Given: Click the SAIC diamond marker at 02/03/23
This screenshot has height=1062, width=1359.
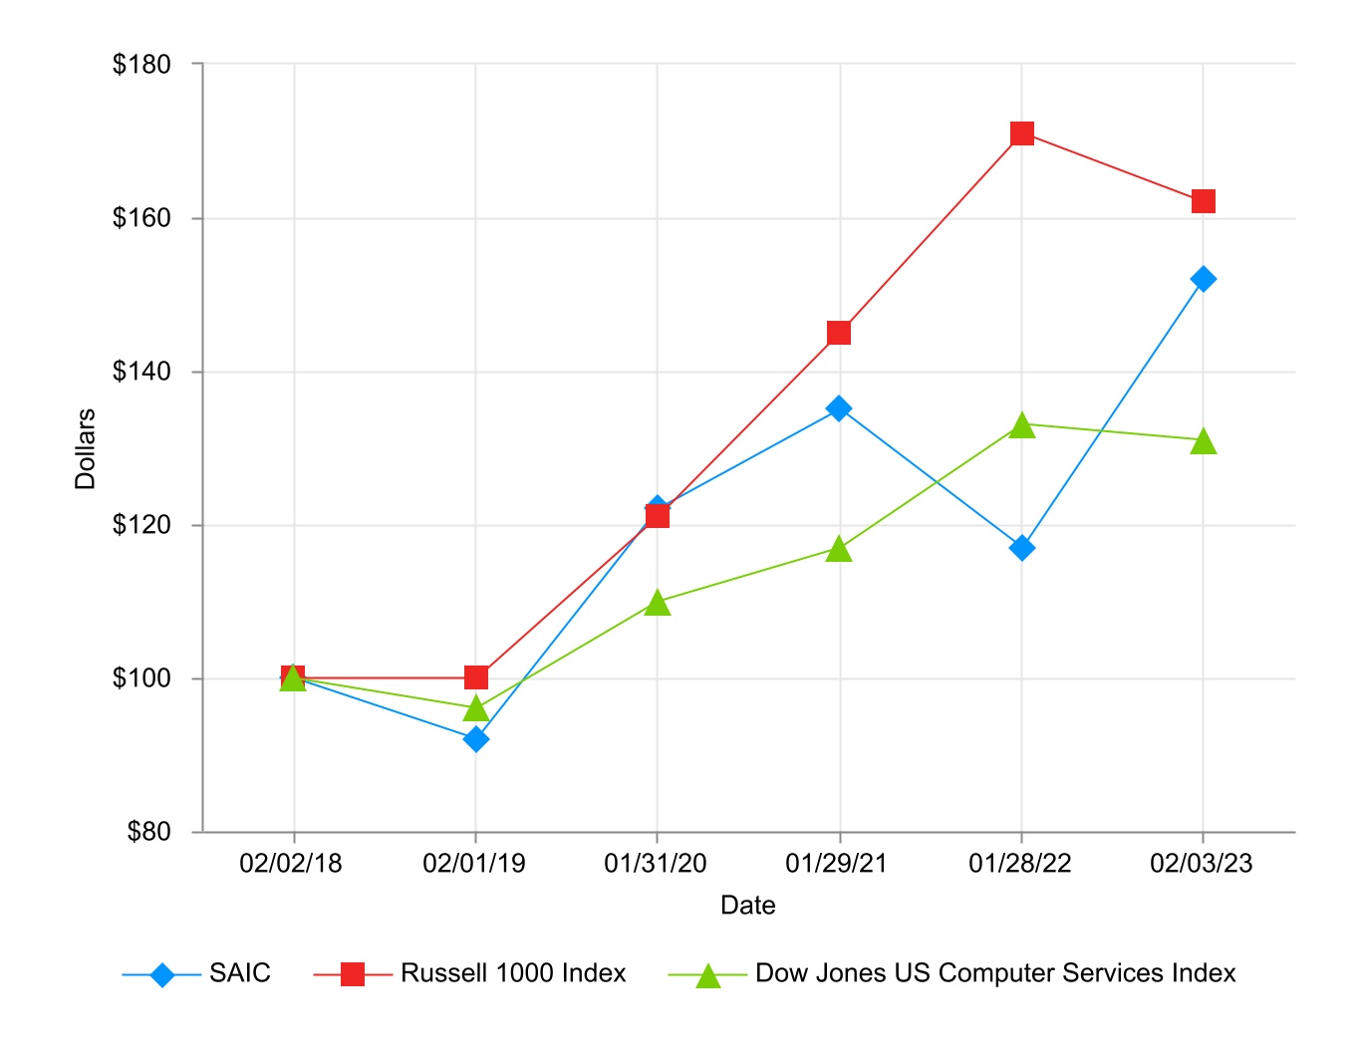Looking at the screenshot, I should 1203,279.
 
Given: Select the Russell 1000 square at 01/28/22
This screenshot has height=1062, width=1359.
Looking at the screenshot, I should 1021,133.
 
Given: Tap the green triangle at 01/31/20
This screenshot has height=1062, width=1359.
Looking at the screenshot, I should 657,603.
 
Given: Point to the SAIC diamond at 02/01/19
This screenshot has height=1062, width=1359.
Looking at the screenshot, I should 476,739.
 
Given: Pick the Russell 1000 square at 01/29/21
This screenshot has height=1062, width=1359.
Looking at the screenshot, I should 839,333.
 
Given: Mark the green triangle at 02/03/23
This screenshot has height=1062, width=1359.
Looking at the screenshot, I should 1203,441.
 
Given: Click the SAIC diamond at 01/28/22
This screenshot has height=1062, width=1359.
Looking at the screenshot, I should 1021,548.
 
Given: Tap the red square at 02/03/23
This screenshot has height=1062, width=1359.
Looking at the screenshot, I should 1203,201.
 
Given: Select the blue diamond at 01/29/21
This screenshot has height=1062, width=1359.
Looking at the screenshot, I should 839,408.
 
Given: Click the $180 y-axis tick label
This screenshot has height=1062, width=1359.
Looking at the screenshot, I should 141,65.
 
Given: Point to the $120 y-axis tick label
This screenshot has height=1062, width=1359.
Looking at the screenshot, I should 141,525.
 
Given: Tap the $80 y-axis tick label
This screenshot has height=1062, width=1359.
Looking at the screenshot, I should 148,832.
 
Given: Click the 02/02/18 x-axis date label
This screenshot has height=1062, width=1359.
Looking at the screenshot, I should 291,864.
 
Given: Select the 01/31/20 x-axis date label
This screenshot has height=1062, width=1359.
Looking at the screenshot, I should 656,864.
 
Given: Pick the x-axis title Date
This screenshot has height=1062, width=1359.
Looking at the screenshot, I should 748,906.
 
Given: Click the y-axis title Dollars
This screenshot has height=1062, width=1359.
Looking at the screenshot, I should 86,448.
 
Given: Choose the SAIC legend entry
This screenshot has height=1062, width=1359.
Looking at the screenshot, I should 239,973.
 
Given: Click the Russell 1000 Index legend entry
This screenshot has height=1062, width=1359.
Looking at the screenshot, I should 512,973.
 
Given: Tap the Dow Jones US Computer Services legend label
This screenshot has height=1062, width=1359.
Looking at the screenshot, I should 994,973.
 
